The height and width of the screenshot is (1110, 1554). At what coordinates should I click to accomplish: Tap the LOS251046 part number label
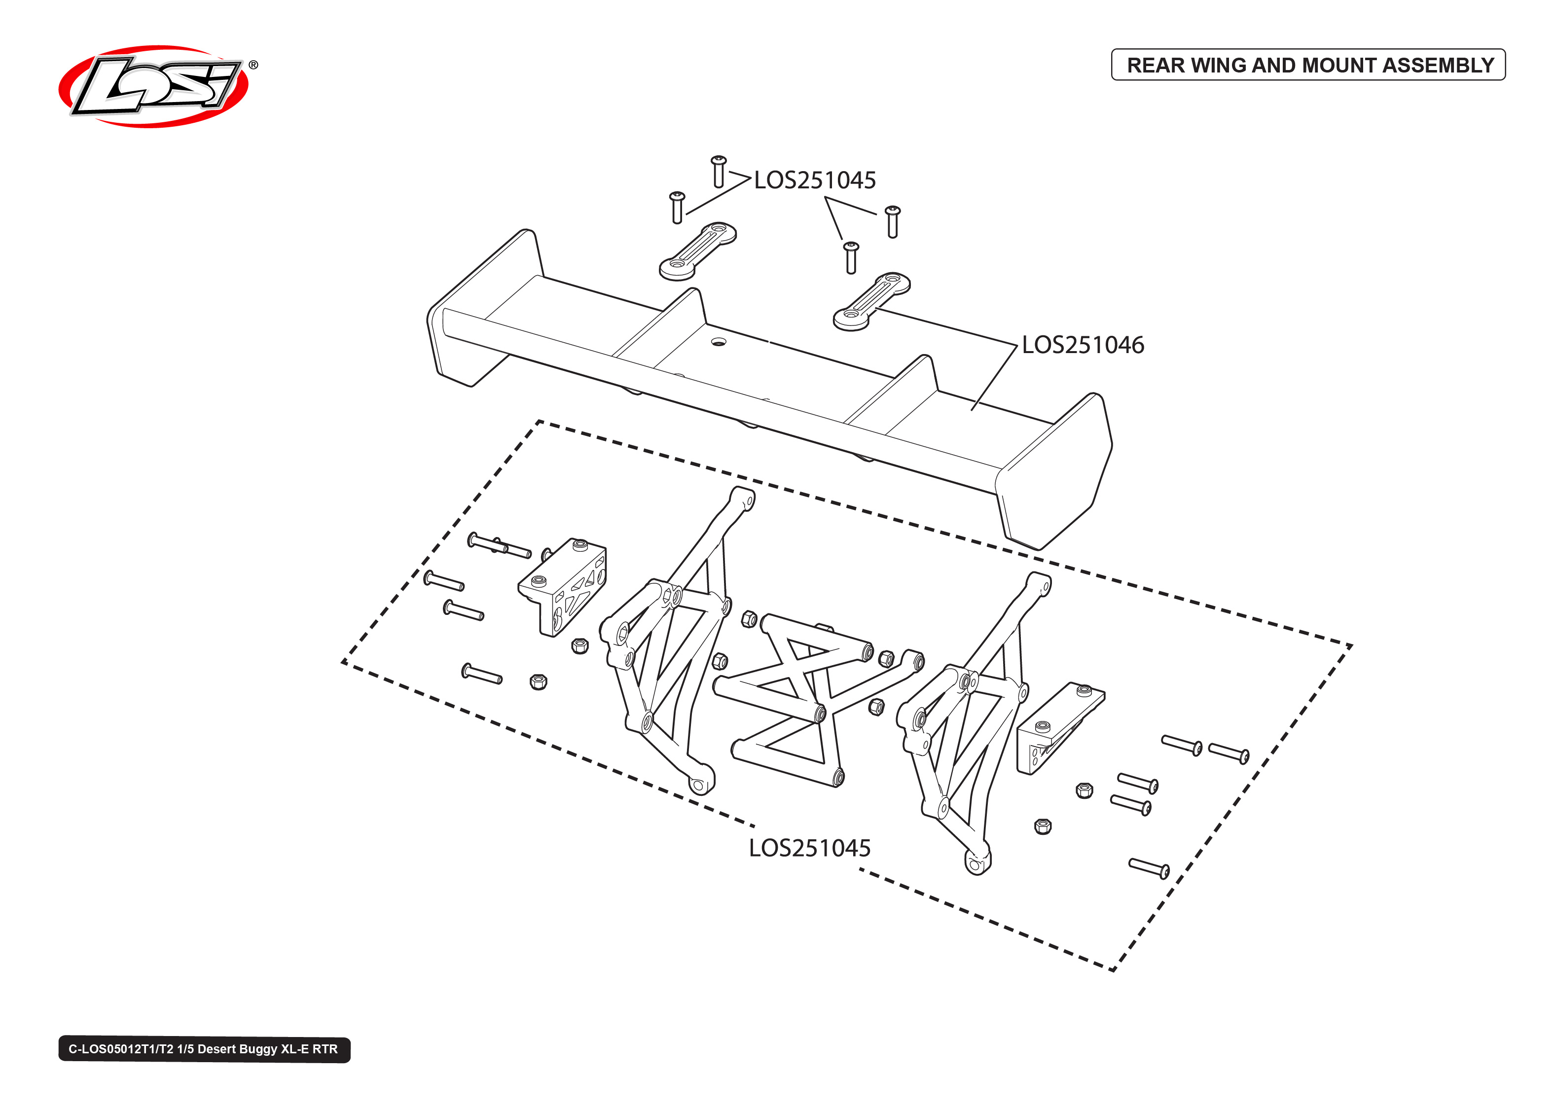pos(1083,345)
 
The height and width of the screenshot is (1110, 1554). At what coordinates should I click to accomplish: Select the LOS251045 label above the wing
pos(815,180)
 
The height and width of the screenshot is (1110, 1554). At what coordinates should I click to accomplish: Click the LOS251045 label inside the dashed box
pos(810,848)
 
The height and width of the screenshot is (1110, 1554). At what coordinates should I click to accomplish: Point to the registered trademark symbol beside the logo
pos(253,65)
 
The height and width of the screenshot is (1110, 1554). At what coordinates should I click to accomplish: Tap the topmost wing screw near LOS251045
pos(718,171)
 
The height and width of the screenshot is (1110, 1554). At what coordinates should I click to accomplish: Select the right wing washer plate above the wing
pos(871,301)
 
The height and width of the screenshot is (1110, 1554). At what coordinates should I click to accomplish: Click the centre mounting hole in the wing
pos(718,341)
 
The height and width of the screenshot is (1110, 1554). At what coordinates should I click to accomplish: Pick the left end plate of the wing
pos(478,315)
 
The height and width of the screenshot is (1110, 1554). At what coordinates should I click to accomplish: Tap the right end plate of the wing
pos(1056,471)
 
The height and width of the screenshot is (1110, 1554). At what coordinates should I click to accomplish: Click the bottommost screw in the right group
pos(1149,868)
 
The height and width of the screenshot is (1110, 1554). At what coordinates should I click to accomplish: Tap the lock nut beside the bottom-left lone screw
pos(539,681)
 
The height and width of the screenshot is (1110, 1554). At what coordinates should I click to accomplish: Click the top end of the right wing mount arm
pos(1040,582)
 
